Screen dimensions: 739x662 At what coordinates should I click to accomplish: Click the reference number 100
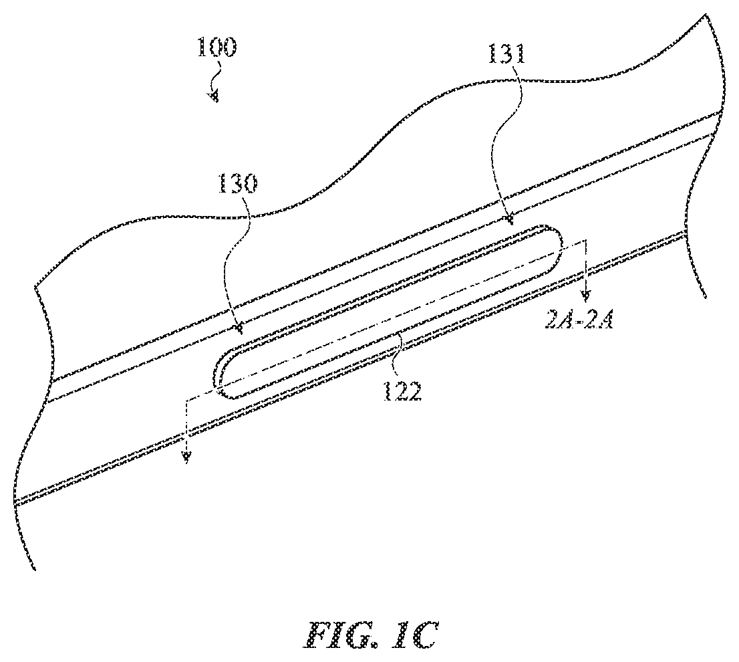coord(217,47)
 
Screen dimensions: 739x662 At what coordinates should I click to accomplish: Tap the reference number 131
coord(506,54)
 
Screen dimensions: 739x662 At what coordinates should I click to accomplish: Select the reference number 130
coord(237,184)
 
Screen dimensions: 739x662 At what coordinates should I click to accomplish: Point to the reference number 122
coord(402,391)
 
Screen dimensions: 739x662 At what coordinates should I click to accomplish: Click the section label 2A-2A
coord(578,322)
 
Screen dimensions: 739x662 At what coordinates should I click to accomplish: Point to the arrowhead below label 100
coord(214,97)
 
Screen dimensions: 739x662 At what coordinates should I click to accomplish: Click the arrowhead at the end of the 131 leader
coord(509,220)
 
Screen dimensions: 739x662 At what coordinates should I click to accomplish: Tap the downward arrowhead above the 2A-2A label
coord(585,296)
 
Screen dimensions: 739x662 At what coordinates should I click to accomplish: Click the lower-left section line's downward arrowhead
coord(187,457)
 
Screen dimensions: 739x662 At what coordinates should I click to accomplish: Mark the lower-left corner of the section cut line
coord(187,400)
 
